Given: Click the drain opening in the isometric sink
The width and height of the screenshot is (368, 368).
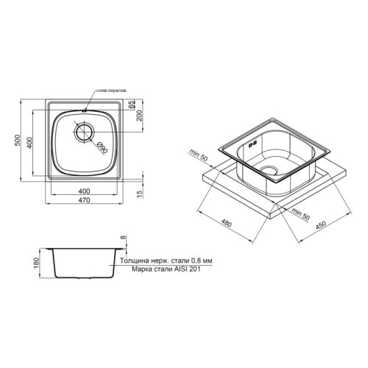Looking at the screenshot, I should (273, 174).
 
